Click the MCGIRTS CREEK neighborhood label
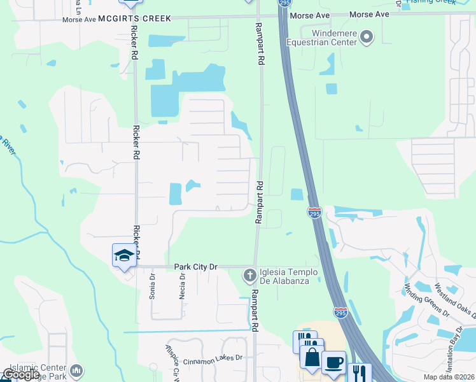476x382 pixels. tap(135, 19)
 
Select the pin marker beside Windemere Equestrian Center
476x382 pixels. tap(366, 38)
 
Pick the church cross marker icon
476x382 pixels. tap(249, 275)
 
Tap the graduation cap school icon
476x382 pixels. tap(124, 256)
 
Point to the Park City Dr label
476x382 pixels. tap(195, 268)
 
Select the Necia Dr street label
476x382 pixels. tap(183, 286)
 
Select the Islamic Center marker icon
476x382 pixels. tap(76, 370)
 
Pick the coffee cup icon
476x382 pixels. tap(333, 363)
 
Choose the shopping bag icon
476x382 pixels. tap(312, 358)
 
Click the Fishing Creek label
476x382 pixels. tap(431, 2)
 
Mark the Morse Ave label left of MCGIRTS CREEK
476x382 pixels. tap(79, 20)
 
